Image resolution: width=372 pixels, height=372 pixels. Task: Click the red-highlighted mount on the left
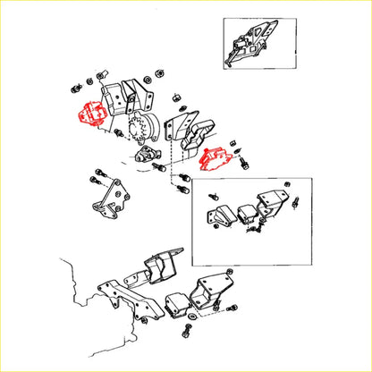pyautogui.click(x=89, y=113)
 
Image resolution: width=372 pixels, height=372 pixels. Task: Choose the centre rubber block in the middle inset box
pyautogui.click(x=247, y=214)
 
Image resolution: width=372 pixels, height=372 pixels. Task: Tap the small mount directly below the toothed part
pyautogui.click(x=148, y=158)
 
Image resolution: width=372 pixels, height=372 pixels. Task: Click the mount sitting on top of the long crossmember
pyautogui.click(x=159, y=267)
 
